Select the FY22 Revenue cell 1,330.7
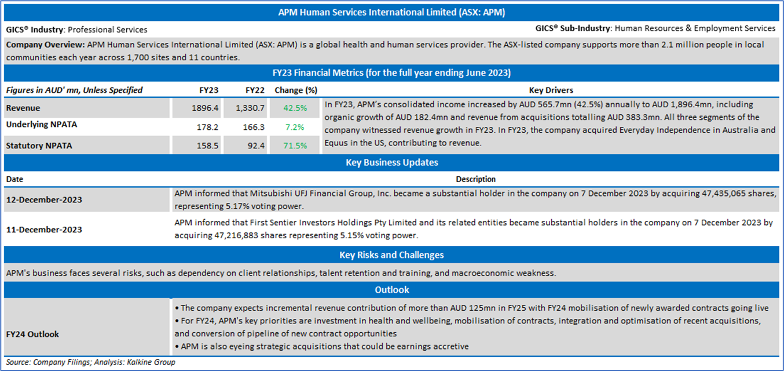coord(250,108)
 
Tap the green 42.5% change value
coord(295,108)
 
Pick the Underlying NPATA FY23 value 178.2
coord(208,126)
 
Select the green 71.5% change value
coord(295,146)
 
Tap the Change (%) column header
coord(296,90)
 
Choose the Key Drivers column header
coord(551,90)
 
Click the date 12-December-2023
coord(44,199)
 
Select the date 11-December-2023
coord(44,230)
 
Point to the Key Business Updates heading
coord(391,162)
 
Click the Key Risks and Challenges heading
coord(391,254)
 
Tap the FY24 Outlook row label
coord(32,334)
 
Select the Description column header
coord(475,179)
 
